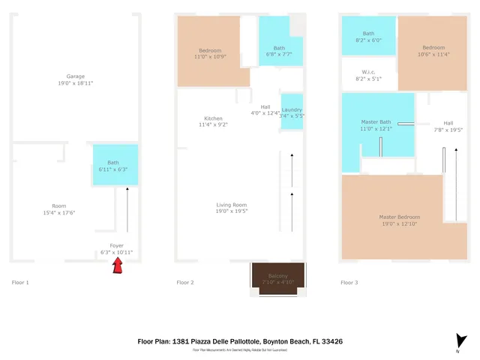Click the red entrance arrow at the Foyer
pos(117,265)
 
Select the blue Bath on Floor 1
pos(114,166)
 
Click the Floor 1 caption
pos(20,283)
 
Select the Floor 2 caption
pos(184,283)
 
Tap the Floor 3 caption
pos(349,283)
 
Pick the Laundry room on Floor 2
pos(292,112)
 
